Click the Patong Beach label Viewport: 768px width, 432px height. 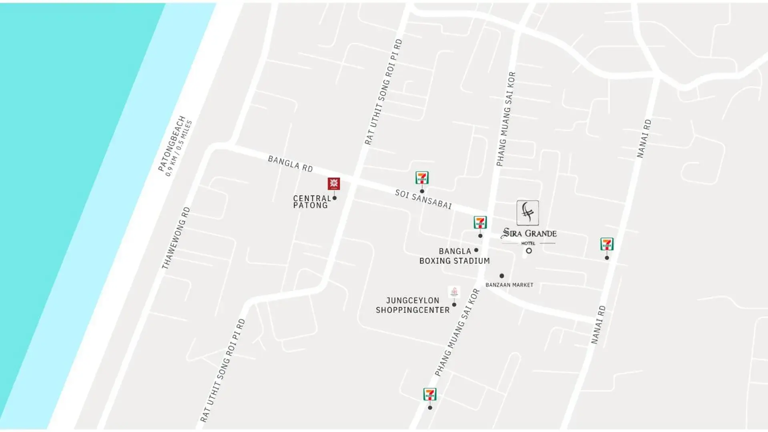click(172, 143)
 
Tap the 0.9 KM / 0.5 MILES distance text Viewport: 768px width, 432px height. click(179, 148)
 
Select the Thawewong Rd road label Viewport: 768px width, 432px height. click(176, 238)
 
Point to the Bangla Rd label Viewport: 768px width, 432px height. click(290, 164)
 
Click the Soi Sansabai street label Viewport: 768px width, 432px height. click(423, 199)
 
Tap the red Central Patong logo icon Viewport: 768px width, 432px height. click(334, 184)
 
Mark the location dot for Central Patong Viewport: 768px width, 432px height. click(335, 198)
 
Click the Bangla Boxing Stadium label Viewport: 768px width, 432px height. click(455, 256)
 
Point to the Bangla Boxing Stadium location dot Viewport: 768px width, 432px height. click(476, 250)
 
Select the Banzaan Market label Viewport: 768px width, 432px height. click(509, 285)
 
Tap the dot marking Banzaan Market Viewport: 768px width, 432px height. click(501, 276)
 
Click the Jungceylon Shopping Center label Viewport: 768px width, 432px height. click(413, 305)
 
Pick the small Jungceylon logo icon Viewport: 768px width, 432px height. click(454, 292)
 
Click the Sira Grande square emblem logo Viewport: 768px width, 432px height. click(527, 212)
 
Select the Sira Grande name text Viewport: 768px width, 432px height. click(529, 233)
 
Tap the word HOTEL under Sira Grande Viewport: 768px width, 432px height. click(528, 243)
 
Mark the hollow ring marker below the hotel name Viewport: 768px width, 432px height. click(529, 251)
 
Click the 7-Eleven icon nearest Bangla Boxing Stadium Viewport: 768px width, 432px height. click(480, 222)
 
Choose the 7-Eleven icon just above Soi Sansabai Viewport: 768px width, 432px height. click(422, 178)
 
